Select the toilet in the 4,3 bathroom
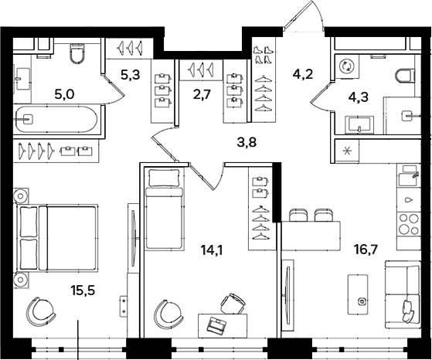click(x=403, y=76)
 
